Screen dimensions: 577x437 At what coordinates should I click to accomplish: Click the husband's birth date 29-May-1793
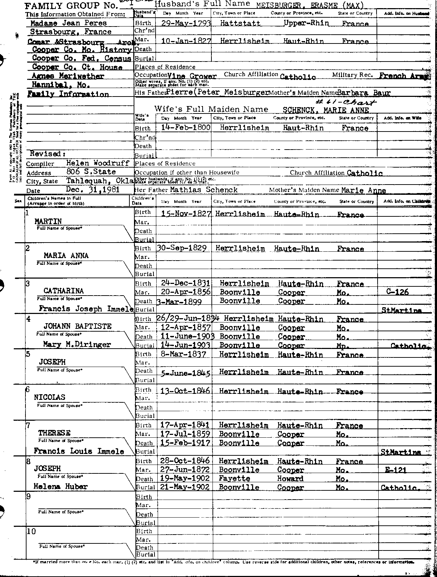point(186,23)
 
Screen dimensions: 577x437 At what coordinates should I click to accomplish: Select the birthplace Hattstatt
point(240,23)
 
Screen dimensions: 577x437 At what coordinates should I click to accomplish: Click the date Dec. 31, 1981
point(93,190)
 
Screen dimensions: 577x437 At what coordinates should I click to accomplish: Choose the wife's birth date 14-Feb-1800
point(186,128)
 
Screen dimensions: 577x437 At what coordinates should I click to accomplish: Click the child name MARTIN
point(48,221)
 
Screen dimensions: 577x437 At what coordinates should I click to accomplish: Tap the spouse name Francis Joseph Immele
point(86,308)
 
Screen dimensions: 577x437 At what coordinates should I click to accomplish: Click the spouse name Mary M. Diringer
point(77,344)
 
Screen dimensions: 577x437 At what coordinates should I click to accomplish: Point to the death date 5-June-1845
point(186,373)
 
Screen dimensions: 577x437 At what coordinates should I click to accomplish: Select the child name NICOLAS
point(49,397)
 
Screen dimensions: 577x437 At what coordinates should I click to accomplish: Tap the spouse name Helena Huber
point(60,486)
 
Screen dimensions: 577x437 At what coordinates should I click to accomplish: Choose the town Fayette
point(234,478)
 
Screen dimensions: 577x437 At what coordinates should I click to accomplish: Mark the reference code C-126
point(398,292)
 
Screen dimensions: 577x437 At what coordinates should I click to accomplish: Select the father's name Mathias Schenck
point(204,190)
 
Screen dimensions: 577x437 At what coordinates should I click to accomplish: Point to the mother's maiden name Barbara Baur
point(364,93)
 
